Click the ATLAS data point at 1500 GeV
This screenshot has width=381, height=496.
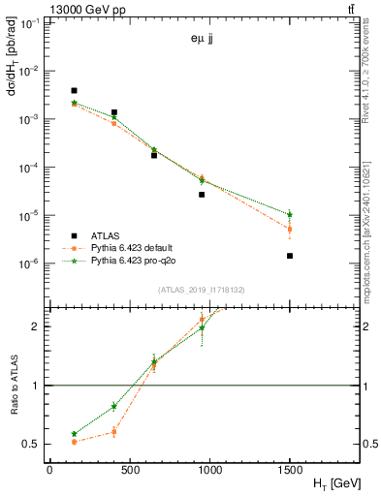click(290, 256)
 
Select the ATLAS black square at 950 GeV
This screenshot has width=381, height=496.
click(202, 195)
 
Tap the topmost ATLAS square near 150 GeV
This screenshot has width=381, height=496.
click(74, 90)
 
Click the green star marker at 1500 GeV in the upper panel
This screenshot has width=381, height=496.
click(290, 214)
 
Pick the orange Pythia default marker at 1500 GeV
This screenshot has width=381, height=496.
click(290, 230)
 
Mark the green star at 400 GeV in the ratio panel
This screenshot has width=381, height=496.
click(113, 406)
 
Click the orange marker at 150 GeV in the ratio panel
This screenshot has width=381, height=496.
click(74, 442)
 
